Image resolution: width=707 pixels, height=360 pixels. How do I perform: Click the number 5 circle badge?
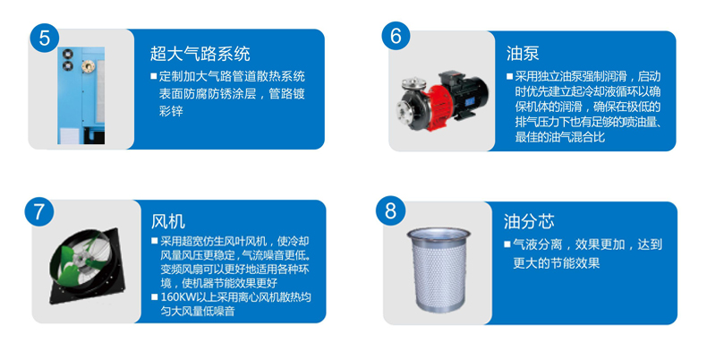click(44, 38)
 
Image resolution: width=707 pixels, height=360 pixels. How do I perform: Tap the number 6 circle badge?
click(396, 36)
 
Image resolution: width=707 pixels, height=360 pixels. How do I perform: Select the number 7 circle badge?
click(39, 211)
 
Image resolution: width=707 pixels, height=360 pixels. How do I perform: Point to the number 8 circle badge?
click(390, 210)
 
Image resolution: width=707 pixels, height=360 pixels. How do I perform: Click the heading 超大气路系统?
click(200, 54)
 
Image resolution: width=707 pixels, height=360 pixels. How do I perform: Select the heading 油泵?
click(523, 53)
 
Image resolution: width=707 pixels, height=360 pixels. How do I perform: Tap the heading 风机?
click(167, 221)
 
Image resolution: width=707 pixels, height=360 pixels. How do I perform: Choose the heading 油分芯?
click(529, 221)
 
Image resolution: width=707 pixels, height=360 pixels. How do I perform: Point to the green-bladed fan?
click(86, 265)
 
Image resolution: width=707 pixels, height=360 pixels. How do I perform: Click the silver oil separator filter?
click(439, 270)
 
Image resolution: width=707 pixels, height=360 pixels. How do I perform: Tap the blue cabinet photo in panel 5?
click(81, 96)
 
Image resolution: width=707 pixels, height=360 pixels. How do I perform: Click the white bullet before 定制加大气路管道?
click(154, 76)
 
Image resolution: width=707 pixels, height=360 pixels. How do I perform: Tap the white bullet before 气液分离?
click(507, 244)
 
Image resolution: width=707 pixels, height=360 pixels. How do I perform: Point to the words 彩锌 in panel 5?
click(171, 111)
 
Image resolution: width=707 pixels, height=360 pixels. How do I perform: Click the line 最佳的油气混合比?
click(560, 137)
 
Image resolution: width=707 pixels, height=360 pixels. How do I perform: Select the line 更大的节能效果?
click(557, 263)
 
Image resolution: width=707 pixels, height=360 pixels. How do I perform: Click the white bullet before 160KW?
click(155, 297)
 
